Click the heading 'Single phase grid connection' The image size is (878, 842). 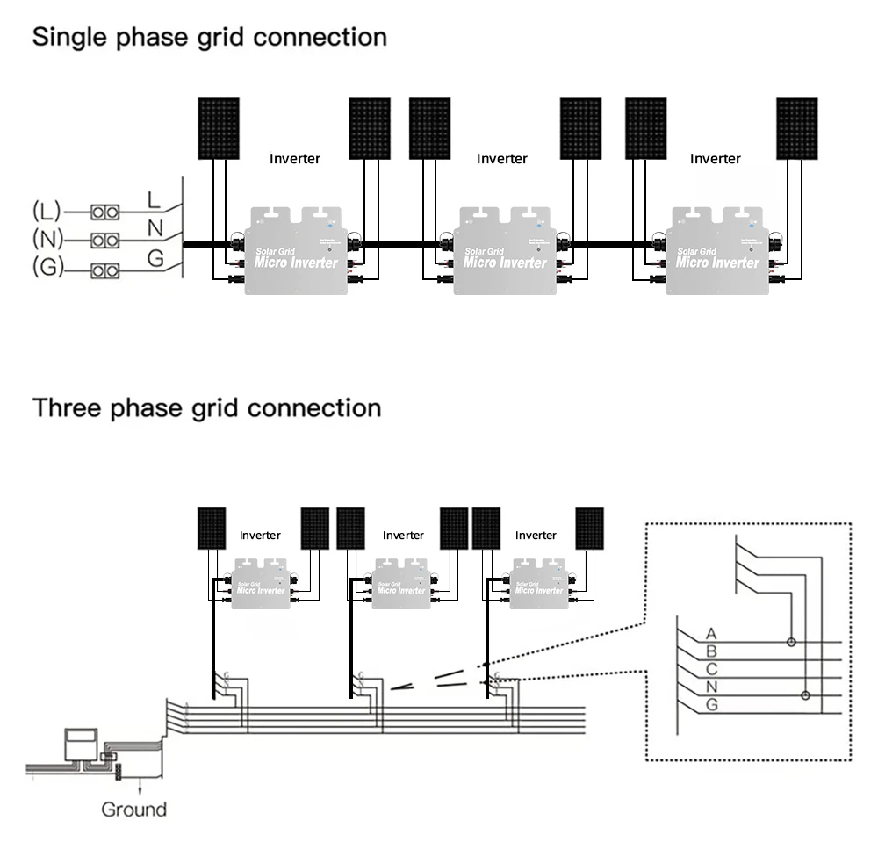tap(209, 38)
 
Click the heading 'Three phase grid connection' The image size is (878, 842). tap(206, 408)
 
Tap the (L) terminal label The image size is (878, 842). tap(47, 211)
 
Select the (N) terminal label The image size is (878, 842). tap(47, 239)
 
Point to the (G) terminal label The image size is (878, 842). tap(47, 268)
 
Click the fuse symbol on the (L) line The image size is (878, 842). tap(106, 212)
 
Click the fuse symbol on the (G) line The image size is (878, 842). tap(106, 270)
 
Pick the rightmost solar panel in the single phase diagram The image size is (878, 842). tap(797, 128)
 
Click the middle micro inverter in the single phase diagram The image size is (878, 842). tap(504, 251)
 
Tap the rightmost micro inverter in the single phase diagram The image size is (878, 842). tap(717, 251)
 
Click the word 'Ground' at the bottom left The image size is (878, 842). tap(133, 810)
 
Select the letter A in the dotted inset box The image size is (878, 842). tap(711, 634)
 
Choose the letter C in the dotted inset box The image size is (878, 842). tap(711, 669)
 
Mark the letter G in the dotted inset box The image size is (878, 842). tap(711, 705)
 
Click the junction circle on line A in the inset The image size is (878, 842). tap(790, 642)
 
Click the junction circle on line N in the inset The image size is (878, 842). tap(806, 695)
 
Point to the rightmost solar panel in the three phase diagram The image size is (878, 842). tap(589, 528)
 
